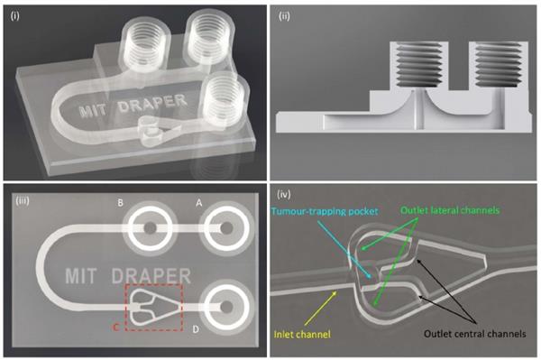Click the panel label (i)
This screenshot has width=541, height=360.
click(x=14, y=16)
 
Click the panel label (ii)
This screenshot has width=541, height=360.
click(x=284, y=16)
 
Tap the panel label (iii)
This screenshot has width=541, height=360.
click(x=23, y=200)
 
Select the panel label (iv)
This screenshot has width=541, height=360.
click(x=284, y=195)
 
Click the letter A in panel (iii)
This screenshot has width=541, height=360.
click(x=198, y=203)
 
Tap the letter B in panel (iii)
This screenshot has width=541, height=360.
click(x=120, y=202)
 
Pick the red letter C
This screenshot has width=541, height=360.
click(x=116, y=327)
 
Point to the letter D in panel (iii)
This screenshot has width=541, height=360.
click(x=196, y=329)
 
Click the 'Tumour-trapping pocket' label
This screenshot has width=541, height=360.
click(x=325, y=211)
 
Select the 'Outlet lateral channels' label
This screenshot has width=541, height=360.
click(x=450, y=210)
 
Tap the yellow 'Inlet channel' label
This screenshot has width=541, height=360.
click(x=302, y=334)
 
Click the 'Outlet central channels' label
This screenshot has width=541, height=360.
click(x=475, y=334)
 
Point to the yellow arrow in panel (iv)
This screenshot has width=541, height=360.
click(x=320, y=309)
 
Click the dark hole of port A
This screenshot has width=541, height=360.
click(x=226, y=227)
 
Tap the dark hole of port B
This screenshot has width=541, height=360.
click(x=150, y=227)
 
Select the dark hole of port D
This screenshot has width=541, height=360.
click(x=226, y=307)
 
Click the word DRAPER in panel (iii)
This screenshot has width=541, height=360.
click(x=151, y=275)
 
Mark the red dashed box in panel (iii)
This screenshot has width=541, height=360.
click(x=125, y=307)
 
